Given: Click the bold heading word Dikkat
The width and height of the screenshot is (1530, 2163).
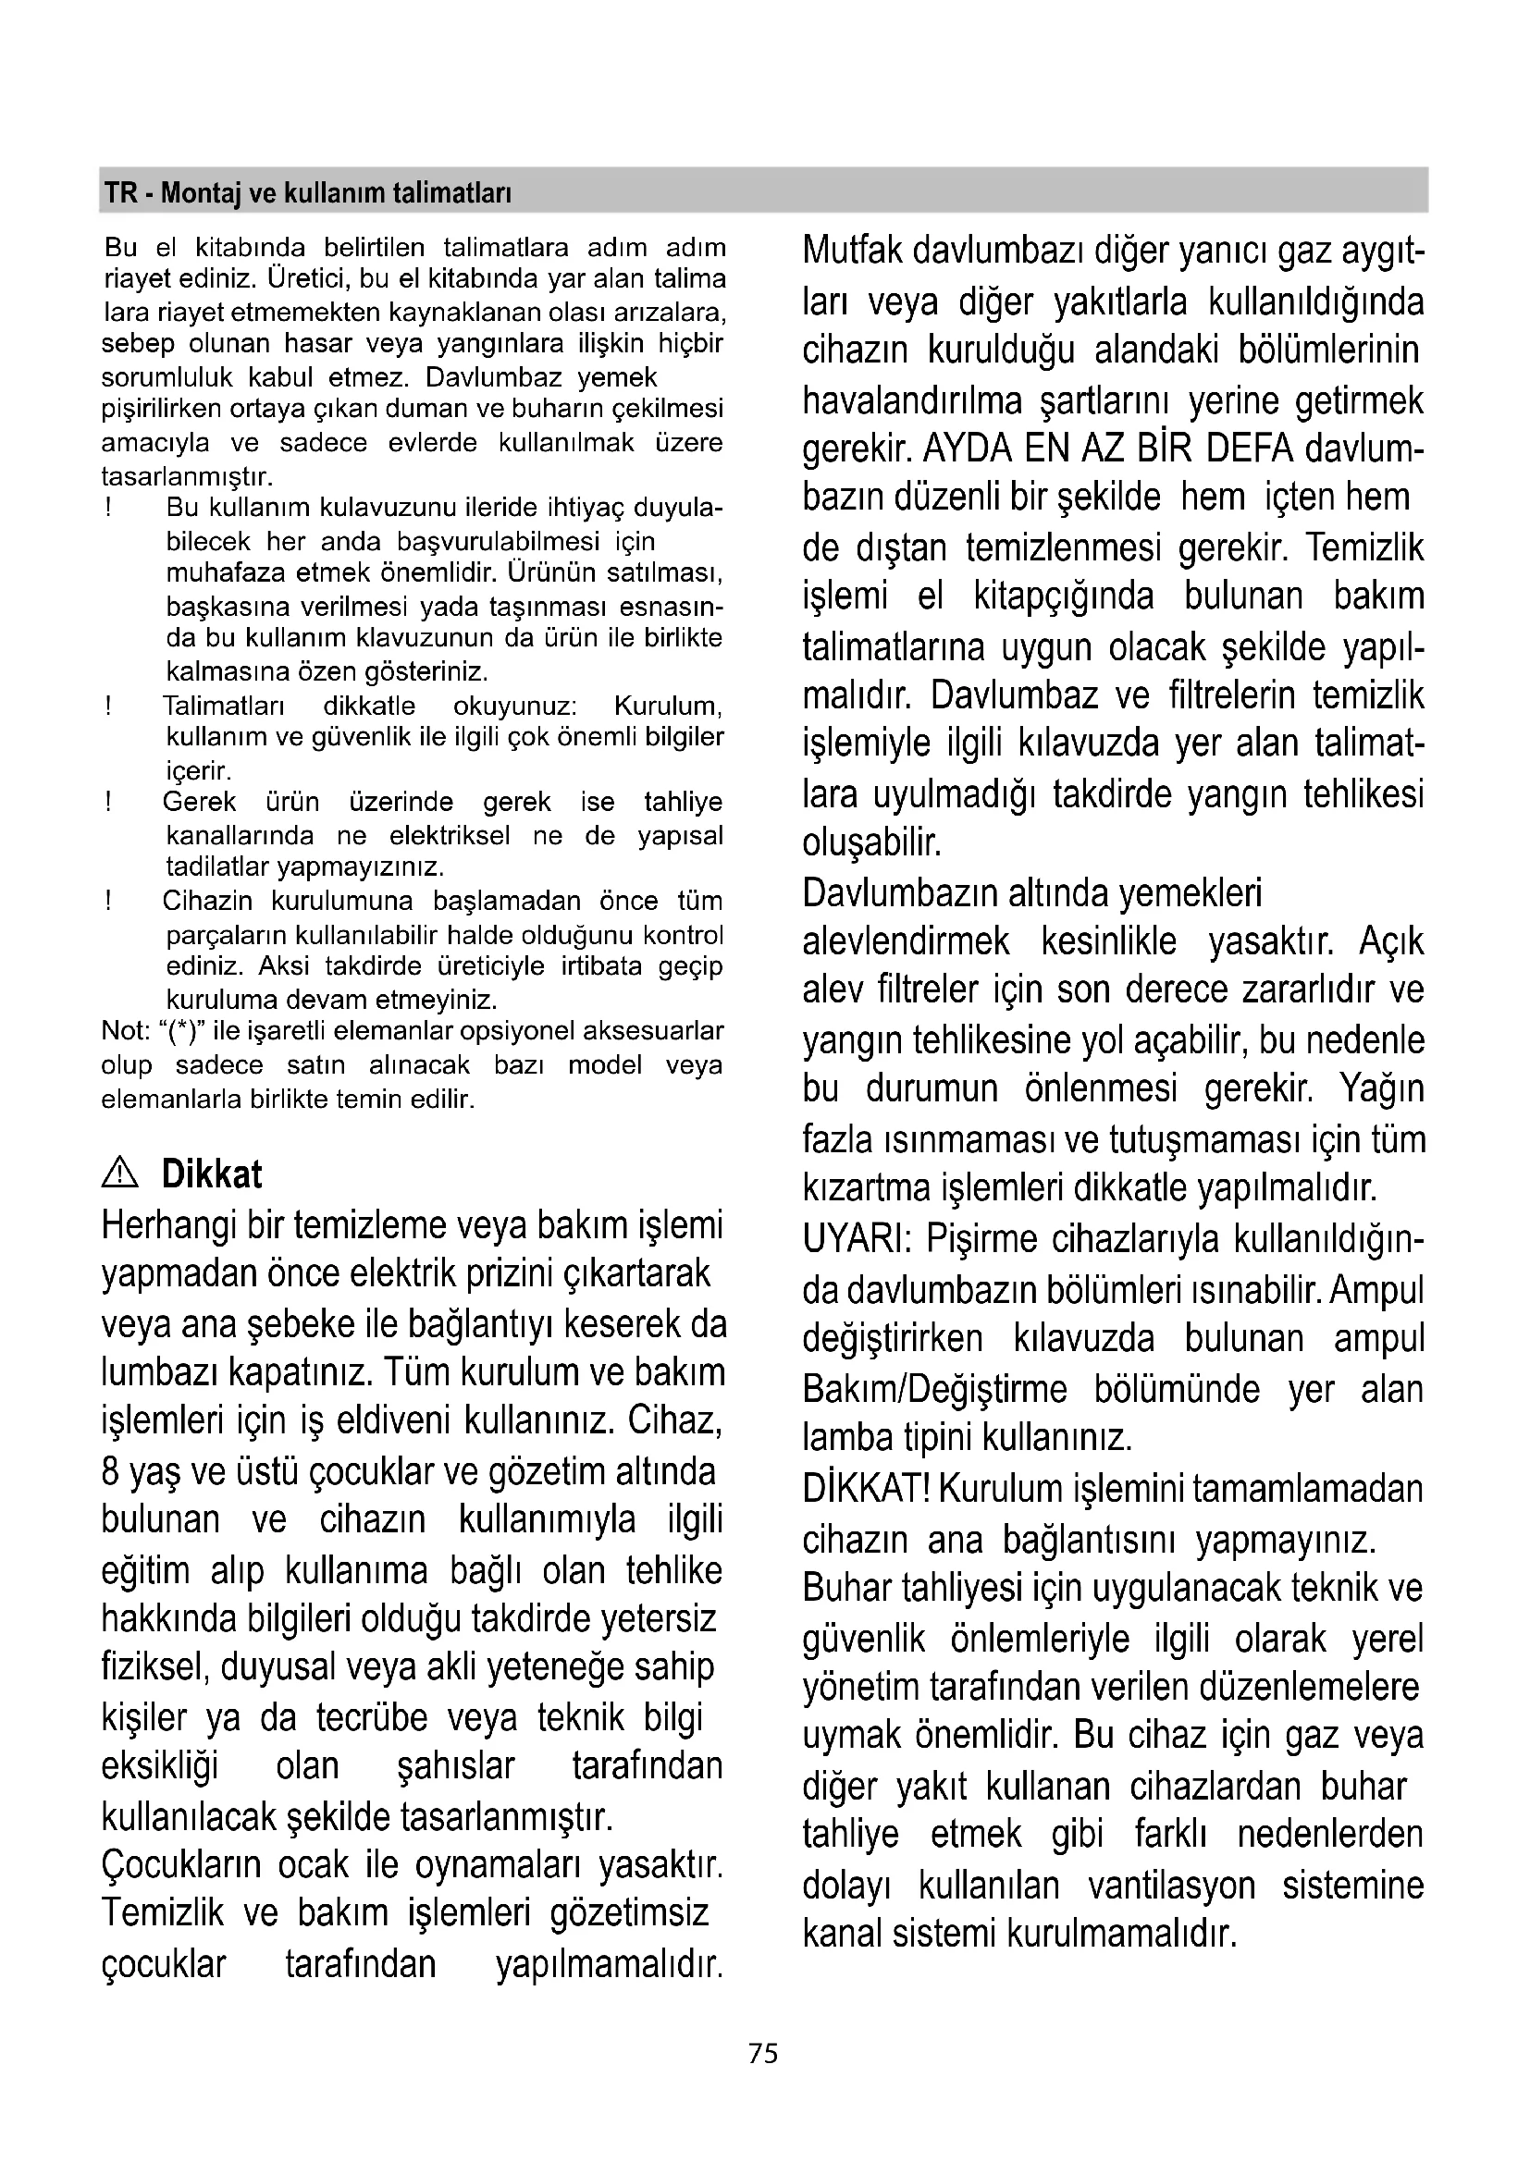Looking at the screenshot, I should coord(212,1174).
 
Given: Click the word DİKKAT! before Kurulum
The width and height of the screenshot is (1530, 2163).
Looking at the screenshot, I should coord(867,1489).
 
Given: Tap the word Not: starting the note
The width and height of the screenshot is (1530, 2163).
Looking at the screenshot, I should coord(125,1030).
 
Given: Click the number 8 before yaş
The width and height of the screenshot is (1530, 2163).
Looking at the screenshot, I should coord(109,1471).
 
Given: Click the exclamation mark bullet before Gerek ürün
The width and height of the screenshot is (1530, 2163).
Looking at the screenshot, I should coord(109,803).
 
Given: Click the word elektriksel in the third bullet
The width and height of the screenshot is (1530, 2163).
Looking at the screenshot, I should coord(450,836).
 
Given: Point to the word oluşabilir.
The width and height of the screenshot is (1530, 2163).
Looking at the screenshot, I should coord(871,842).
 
